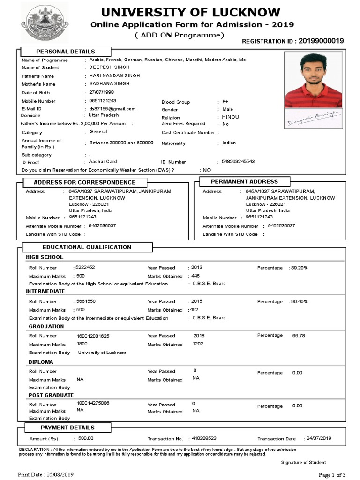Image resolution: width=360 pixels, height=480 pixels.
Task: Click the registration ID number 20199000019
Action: (x=321, y=41)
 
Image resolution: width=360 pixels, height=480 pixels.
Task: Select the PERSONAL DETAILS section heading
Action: (x=66, y=52)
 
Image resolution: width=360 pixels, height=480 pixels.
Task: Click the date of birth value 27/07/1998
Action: (x=102, y=92)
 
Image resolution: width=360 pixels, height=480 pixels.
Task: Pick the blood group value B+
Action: (x=225, y=101)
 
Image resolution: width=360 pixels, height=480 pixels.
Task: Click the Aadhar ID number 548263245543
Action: (x=238, y=161)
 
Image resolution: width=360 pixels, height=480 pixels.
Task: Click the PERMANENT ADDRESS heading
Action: (x=244, y=181)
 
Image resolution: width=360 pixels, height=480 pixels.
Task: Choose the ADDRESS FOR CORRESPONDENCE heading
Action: (x=84, y=182)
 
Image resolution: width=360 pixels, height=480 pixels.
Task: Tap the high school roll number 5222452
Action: (x=85, y=267)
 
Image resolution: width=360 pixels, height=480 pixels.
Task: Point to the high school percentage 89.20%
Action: (x=299, y=268)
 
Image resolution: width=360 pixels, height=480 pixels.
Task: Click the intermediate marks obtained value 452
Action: (x=194, y=310)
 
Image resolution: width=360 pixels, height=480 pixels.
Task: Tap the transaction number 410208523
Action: (x=204, y=438)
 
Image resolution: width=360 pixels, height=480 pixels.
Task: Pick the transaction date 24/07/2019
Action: (x=319, y=438)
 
